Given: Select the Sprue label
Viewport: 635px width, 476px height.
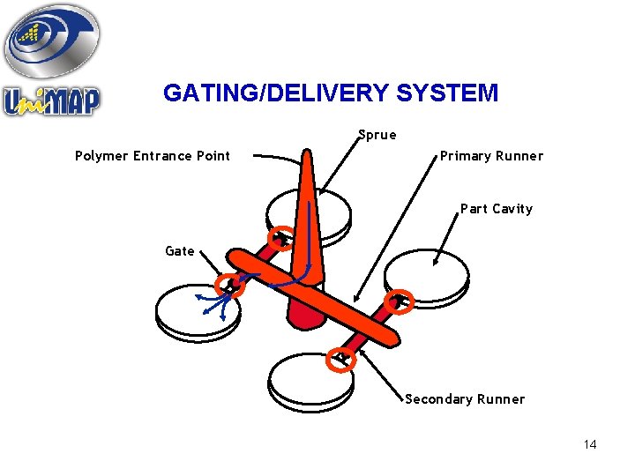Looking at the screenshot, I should pos(377,135).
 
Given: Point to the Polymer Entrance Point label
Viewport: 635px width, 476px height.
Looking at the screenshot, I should pos(153,156).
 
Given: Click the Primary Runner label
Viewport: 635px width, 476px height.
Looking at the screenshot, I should pos(491,156).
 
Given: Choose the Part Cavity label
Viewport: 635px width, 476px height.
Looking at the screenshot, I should pos(497,209).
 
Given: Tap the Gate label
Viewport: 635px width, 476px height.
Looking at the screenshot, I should pos(180,251).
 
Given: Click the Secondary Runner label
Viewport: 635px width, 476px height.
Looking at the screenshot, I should pos(465,399).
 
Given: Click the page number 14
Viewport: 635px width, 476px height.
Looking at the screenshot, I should pos(590,444).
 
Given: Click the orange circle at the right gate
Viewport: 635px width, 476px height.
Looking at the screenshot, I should pos(400,300).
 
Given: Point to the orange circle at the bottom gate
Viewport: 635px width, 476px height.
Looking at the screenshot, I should pos(341,358).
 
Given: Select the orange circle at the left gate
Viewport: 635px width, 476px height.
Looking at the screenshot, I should pos(231,283).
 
